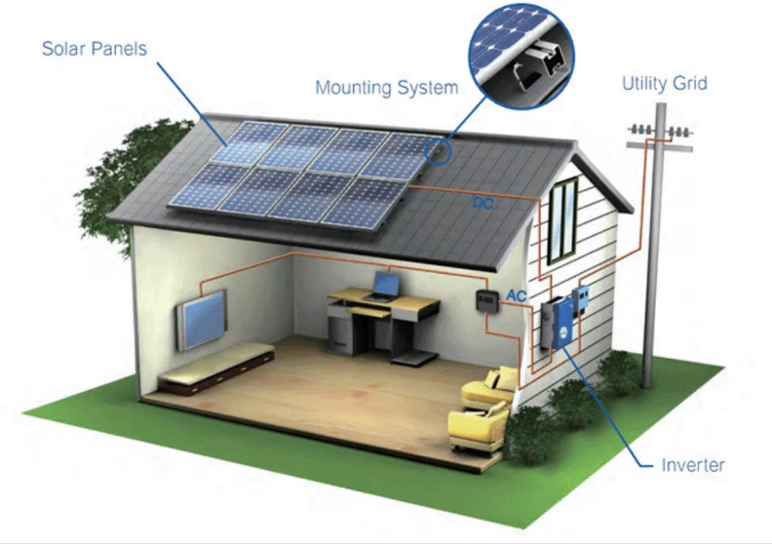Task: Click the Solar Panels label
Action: [x=94, y=48]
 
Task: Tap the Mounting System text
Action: [x=387, y=87]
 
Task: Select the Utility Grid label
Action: [x=664, y=83]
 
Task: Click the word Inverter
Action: [x=693, y=464]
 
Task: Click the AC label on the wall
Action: [x=517, y=295]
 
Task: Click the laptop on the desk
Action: [x=385, y=286]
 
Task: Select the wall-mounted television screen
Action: [x=202, y=319]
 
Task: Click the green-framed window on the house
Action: [x=563, y=220]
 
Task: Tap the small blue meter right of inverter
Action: [x=581, y=297]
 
